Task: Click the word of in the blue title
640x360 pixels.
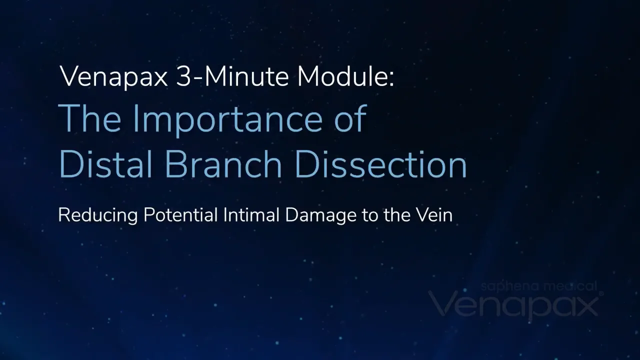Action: point(349,118)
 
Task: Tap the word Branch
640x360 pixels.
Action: point(223,164)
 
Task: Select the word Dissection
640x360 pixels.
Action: point(380,164)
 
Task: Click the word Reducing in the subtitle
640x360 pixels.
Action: point(98,215)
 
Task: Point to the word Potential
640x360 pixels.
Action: point(180,215)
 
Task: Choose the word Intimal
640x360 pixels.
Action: point(251,215)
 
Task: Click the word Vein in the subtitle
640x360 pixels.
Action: point(434,215)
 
